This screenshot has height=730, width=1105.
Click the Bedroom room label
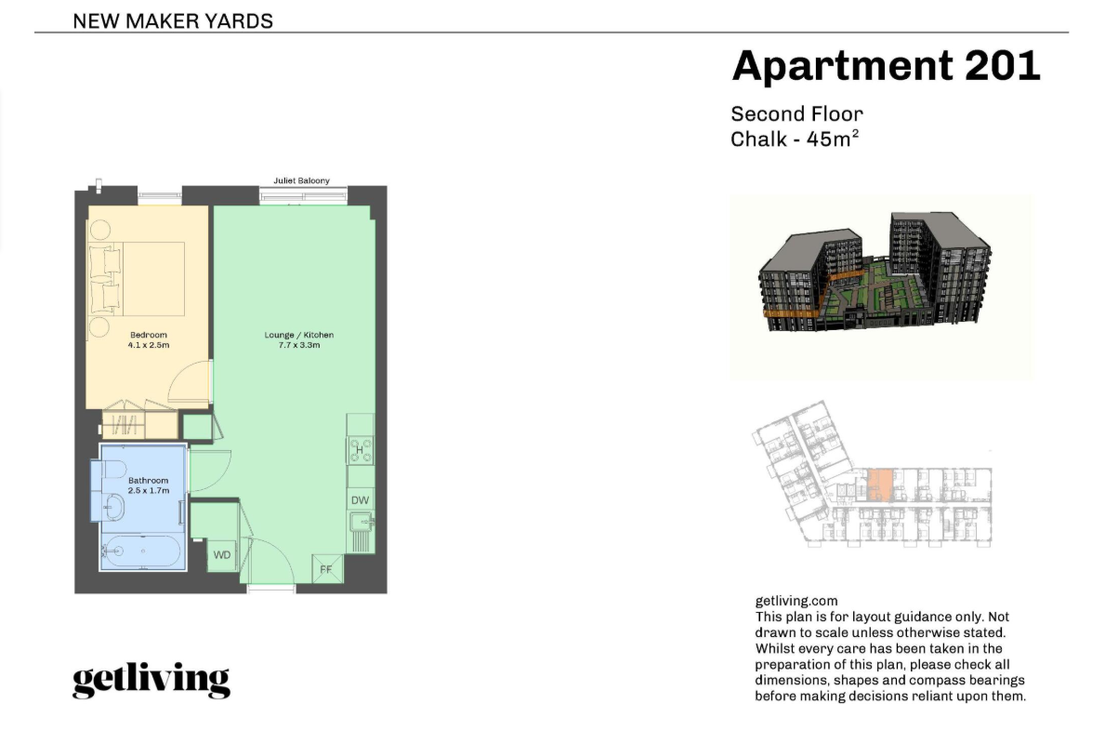tap(149, 335)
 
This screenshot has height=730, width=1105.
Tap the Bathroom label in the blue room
tap(148, 481)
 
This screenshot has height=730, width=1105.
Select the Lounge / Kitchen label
tap(299, 335)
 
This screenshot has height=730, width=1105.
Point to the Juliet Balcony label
tap(302, 180)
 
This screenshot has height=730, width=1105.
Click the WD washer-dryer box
tap(222, 555)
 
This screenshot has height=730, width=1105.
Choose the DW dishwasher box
tap(360, 500)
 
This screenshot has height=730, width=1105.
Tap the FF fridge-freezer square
tap(327, 568)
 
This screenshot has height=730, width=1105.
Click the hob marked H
tap(360, 450)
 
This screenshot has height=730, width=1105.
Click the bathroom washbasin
tap(113, 507)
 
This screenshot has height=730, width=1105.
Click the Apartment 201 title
tap(886, 66)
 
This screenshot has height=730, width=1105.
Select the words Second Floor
tap(796, 113)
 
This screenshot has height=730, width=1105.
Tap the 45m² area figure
tap(833, 139)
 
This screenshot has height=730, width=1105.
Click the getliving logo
tap(151, 679)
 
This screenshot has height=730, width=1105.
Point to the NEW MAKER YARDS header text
tap(173, 21)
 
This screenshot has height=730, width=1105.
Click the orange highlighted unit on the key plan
tap(879, 485)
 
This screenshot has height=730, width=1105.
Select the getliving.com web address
tap(796, 601)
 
